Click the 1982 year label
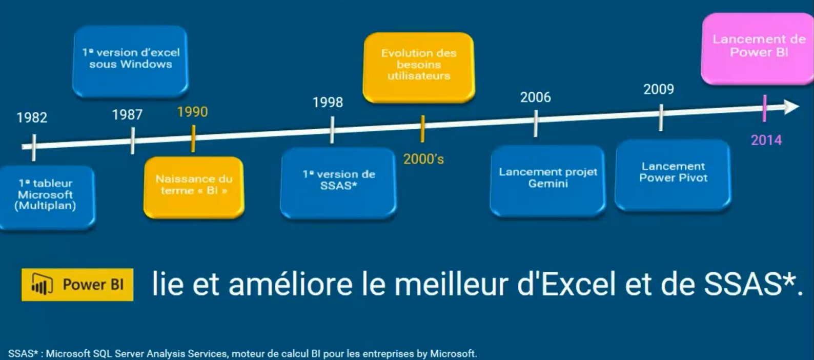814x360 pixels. click(32, 117)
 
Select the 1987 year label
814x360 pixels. click(127, 114)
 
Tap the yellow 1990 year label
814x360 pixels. click(192, 112)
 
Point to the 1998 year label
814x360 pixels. click(328, 102)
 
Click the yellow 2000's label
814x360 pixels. click(423, 159)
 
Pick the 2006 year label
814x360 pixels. click(535, 97)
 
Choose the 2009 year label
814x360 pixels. click(659, 89)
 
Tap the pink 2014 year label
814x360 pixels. click(766, 140)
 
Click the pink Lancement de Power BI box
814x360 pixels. click(758, 49)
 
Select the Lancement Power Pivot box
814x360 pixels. click(673, 175)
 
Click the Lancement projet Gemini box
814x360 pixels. click(547, 181)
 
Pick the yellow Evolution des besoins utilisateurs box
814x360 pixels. click(419, 68)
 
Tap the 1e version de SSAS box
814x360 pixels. click(338, 183)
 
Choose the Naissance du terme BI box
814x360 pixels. click(194, 188)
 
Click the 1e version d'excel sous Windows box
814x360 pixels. click(131, 62)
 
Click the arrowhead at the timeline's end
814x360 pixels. click(791, 107)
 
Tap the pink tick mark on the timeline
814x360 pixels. click(765, 108)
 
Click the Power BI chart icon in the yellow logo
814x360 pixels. click(42, 285)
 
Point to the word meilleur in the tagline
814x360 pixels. click(451, 285)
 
